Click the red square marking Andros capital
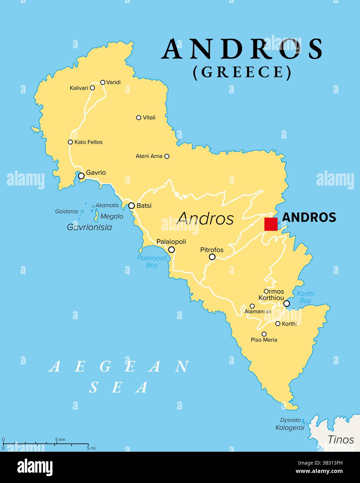[x=271, y=224]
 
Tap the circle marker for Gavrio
[x=81, y=176]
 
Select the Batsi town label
[x=144, y=206]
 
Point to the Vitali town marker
[x=139, y=118]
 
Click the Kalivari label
[x=79, y=88]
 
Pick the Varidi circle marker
[x=103, y=82]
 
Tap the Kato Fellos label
[x=88, y=142]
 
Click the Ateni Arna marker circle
[x=167, y=156]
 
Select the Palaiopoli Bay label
[x=152, y=261]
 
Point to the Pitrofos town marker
[x=212, y=257]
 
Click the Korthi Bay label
[x=305, y=297]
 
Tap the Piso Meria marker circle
[x=264, y=334]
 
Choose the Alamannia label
[x=257, y=311]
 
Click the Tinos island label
[x=341, y=440]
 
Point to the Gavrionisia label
[x=89, y=227]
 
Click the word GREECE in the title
[x=242, y=72]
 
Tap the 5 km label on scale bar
[x=60, y=440]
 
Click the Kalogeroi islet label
[x=290, y=428]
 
